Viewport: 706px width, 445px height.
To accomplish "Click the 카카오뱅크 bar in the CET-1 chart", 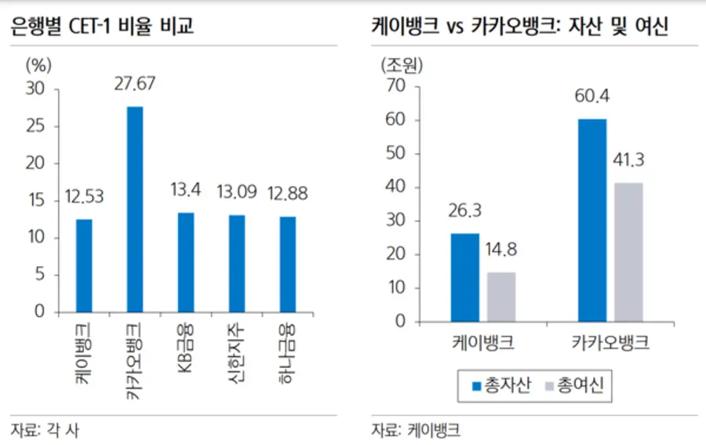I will pyautogui.click(x=135, y=209).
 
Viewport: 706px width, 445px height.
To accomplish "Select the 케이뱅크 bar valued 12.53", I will pyautogui.click(x=84, y=265).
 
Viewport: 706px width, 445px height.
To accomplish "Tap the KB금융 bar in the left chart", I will pyautogui.click(x=186, y=262).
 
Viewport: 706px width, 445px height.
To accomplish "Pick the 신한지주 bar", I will pyautogui.click(x=237, y=263).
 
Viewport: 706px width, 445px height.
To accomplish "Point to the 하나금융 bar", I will pyautogui.click(x=288, y=264).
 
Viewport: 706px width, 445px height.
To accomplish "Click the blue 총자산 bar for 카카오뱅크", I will pyautogui.click(x=593, y=220).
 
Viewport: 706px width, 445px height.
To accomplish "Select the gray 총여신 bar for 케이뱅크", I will pyautogui.click(x=501, y=297).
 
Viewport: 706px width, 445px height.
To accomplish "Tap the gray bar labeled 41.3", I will pyautogui.click(x=628, y=252).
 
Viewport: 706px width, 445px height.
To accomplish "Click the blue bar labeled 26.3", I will pyautogui.click(x=465, y=277).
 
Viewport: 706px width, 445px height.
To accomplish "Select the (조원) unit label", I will pyautogui.click(x=402, y=64).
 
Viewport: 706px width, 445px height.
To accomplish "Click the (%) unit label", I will pyautogui.click(x=38, y=64).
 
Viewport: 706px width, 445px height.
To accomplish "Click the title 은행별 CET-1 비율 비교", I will pyautogui.click(x=101, y=27).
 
